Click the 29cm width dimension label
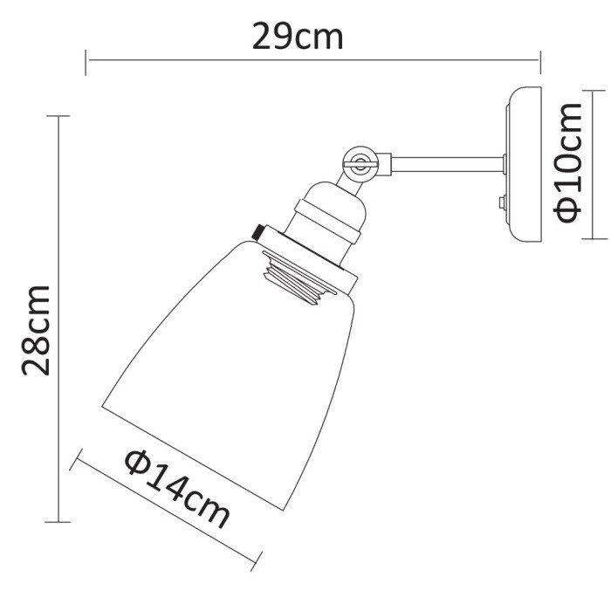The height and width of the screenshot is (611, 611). pos(298,36)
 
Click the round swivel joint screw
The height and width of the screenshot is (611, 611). pos(359,160)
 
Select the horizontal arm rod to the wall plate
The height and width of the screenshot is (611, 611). pos(445,161)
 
